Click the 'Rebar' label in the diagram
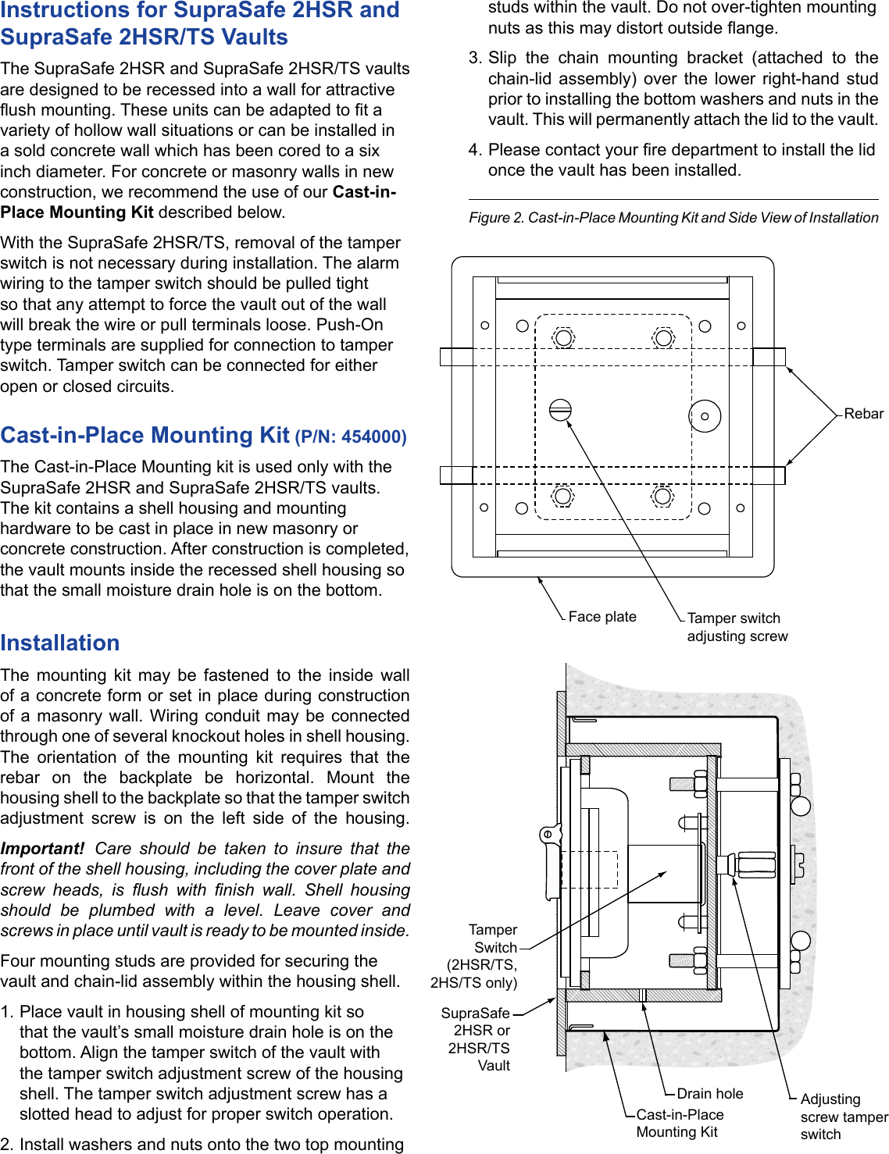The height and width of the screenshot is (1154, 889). click(863, 414)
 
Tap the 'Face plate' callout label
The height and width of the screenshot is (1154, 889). click(602, 617)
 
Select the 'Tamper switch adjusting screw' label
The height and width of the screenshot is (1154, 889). click(737, 627)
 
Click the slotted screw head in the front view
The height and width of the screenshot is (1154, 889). click(560, 410)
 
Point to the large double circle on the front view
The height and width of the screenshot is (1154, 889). click(705, 416)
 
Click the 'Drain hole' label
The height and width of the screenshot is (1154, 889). click(709, 1094)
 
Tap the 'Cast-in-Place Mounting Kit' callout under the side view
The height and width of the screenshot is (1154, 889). click(679, 1124)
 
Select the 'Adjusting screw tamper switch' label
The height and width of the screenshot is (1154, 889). click(843, 1117)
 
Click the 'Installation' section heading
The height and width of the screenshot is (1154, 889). click(60, 643)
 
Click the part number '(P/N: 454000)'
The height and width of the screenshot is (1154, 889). click(351, 436)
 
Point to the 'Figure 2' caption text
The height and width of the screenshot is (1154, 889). click(673, 218)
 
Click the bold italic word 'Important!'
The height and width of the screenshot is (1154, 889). click(42, 849)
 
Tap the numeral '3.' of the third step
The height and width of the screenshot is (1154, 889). click(475, 59)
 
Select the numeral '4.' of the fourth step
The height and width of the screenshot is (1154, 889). click(475, 150)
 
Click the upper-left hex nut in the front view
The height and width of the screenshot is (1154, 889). click(563, 338)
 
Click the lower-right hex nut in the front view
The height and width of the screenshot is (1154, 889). click(663, 496)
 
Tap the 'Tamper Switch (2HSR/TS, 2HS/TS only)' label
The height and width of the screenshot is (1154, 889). click(475, 956)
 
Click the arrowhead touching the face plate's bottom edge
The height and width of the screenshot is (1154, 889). click(540, 580)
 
